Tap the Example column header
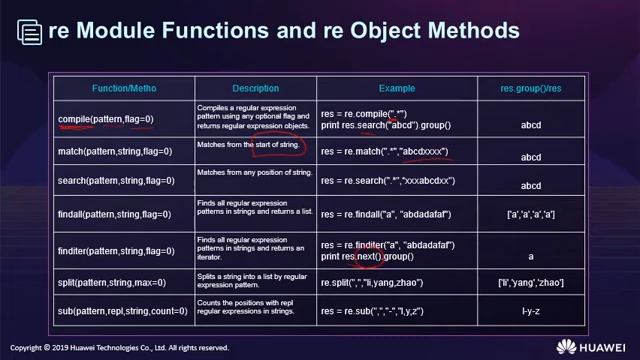[395, 88]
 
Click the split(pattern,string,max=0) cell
[109, 283]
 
